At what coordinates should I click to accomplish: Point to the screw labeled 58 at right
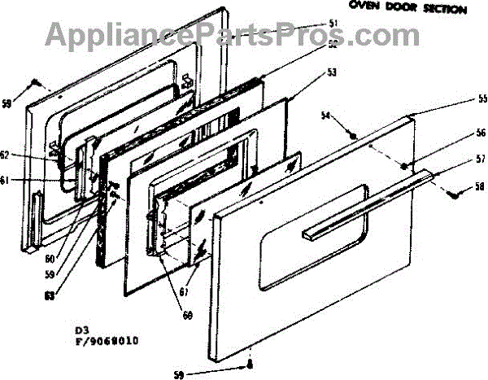(x=450, y=193)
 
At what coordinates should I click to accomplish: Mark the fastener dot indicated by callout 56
(x=404, y=165)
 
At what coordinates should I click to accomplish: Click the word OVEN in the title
(x=364, y=7)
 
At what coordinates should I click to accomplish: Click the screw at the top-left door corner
(x=35, y=82)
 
